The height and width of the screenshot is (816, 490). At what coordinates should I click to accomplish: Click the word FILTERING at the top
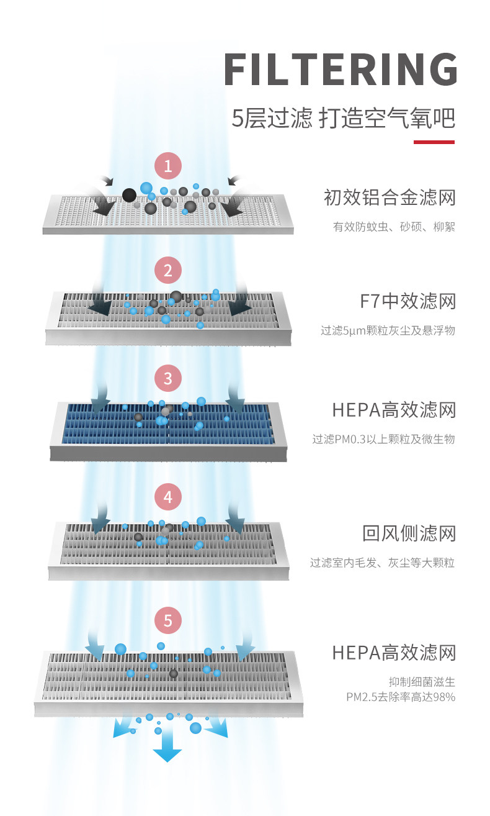[340, 70]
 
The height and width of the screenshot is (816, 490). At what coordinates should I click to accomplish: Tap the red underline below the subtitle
[434, 142]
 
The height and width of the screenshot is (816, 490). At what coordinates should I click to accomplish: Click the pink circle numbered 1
[167, 166]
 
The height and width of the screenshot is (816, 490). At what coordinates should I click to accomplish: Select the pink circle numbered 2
[167, 270]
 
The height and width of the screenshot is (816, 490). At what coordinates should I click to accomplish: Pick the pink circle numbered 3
[167, 378]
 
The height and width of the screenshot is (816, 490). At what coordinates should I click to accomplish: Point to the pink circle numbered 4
[167, 497]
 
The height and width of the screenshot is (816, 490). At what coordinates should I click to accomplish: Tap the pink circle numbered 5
[167, 620]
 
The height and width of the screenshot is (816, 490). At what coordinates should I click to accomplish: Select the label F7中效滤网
[408, 302]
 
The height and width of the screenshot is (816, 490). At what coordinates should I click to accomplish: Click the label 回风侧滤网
[409, 533]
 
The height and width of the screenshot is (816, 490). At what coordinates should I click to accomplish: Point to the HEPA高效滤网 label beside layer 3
[394, 410]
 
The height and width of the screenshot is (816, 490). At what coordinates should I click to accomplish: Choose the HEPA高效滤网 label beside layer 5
[394, 653]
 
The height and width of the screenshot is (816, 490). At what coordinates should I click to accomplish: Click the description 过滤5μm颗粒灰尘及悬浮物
[388, 330]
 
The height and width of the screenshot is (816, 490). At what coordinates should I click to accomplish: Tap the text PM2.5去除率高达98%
[401, 697]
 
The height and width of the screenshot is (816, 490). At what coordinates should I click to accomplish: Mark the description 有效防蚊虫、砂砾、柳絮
[394, 227]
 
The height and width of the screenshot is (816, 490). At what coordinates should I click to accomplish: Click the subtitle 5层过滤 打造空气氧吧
[343, 117]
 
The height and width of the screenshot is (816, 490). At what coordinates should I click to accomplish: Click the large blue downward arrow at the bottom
[167, 753]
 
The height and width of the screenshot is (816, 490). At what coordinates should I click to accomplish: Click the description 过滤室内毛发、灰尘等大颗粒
[383, 563]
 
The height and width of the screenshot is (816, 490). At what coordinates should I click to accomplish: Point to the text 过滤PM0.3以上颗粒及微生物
[383, 439]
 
